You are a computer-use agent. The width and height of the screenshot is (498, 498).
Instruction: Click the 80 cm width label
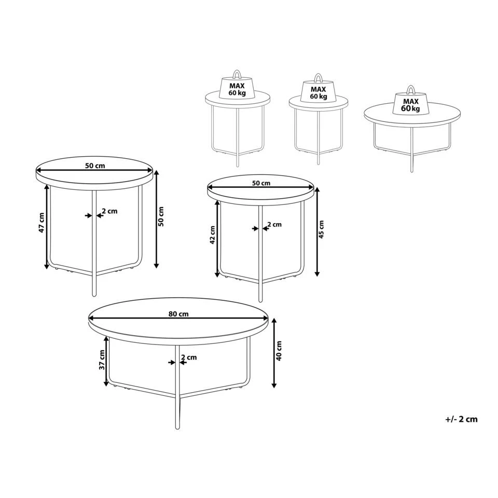point(178,314)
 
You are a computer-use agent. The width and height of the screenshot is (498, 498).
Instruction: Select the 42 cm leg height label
point(212,235)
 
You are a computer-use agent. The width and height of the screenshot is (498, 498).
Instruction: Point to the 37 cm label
point(102,359)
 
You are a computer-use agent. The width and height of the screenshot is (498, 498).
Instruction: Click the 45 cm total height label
point(321,229)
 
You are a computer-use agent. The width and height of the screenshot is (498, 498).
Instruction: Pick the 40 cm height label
point(279,351)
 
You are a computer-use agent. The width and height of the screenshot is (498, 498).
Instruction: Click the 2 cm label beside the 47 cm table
point(109,211)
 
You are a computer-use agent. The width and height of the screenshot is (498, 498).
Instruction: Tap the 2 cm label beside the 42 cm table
point(273,225)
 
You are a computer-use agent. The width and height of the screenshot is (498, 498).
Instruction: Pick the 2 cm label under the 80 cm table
point(189,357)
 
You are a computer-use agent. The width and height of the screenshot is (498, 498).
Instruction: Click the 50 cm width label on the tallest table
point(95,166)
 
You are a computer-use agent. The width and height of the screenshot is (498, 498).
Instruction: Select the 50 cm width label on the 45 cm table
point(261,183)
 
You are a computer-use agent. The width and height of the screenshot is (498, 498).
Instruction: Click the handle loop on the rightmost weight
point(410,89)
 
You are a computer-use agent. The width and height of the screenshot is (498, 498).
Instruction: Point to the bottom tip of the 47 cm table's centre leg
point(94,295)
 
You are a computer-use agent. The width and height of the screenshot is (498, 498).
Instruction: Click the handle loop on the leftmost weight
point(237,73)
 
